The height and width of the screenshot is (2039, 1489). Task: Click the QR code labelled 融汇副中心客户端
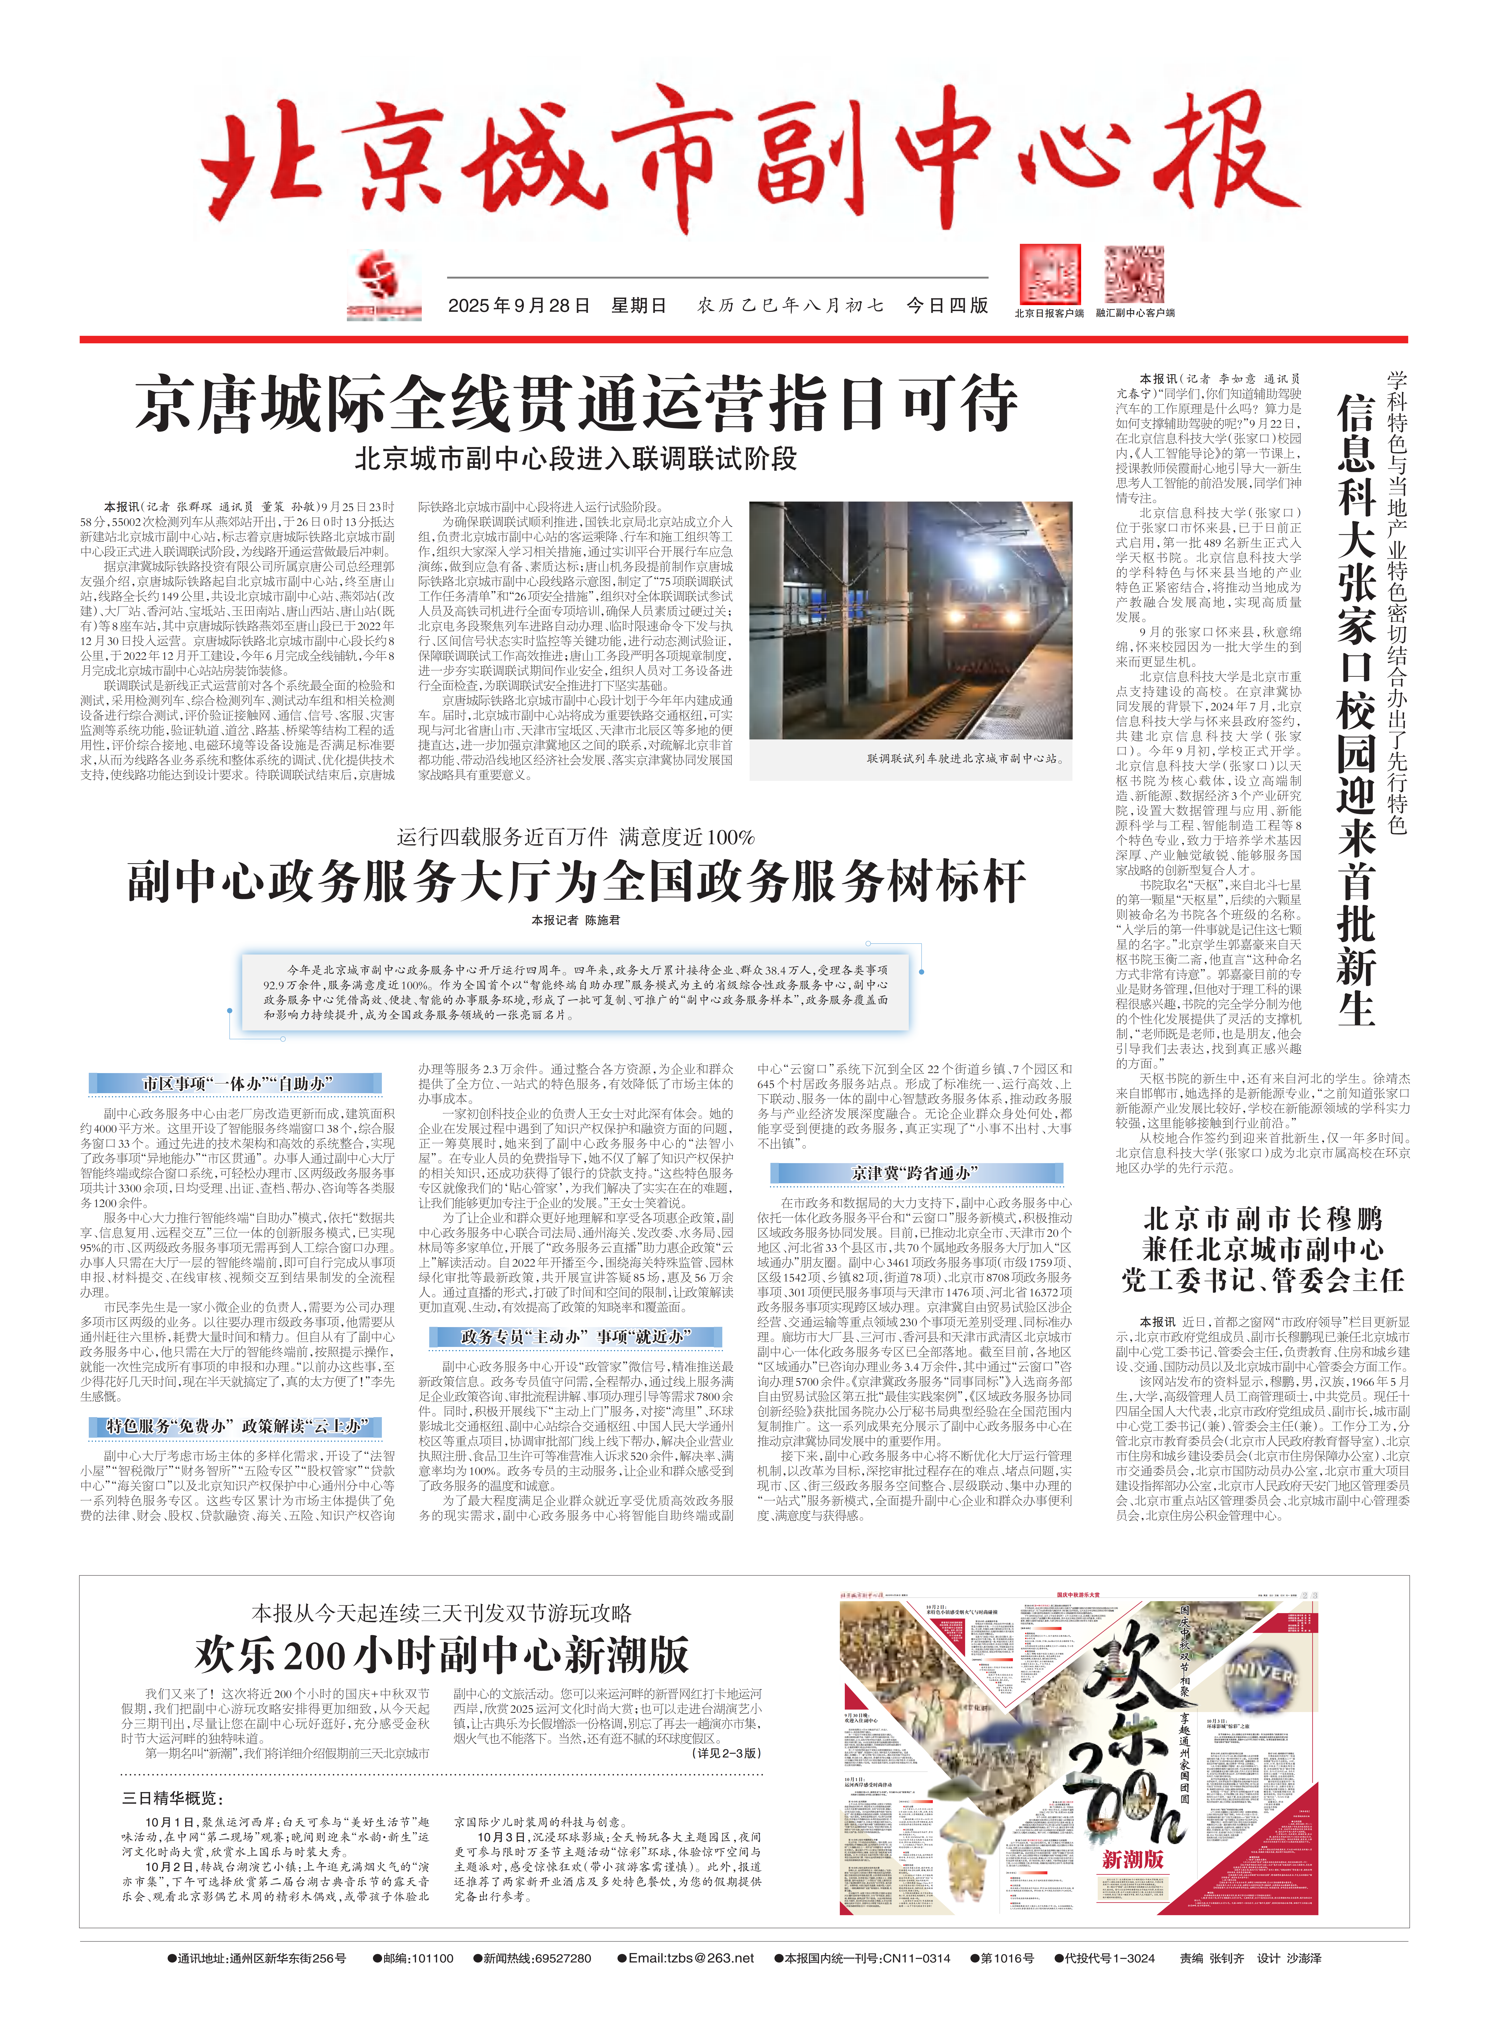[x=1134, y=275]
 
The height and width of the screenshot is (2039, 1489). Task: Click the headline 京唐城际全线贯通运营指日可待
[x=577, y=405]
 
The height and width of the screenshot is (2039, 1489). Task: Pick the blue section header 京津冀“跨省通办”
[x=916, y=1173]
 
